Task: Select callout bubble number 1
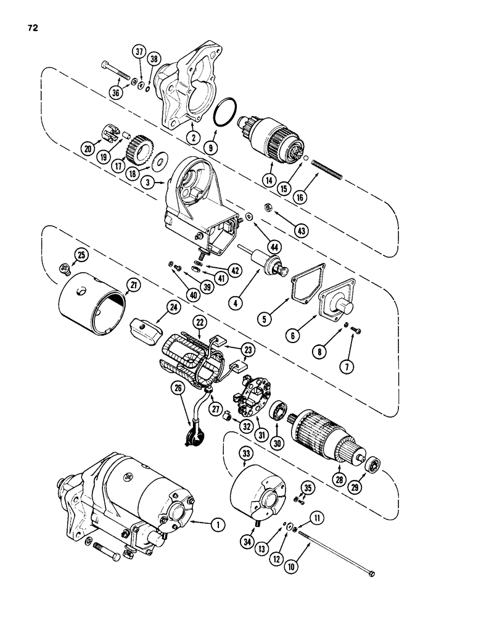pyautogui.click(x=216, y=526)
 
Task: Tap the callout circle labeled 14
pyautogui.click(x=268, y=181)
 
